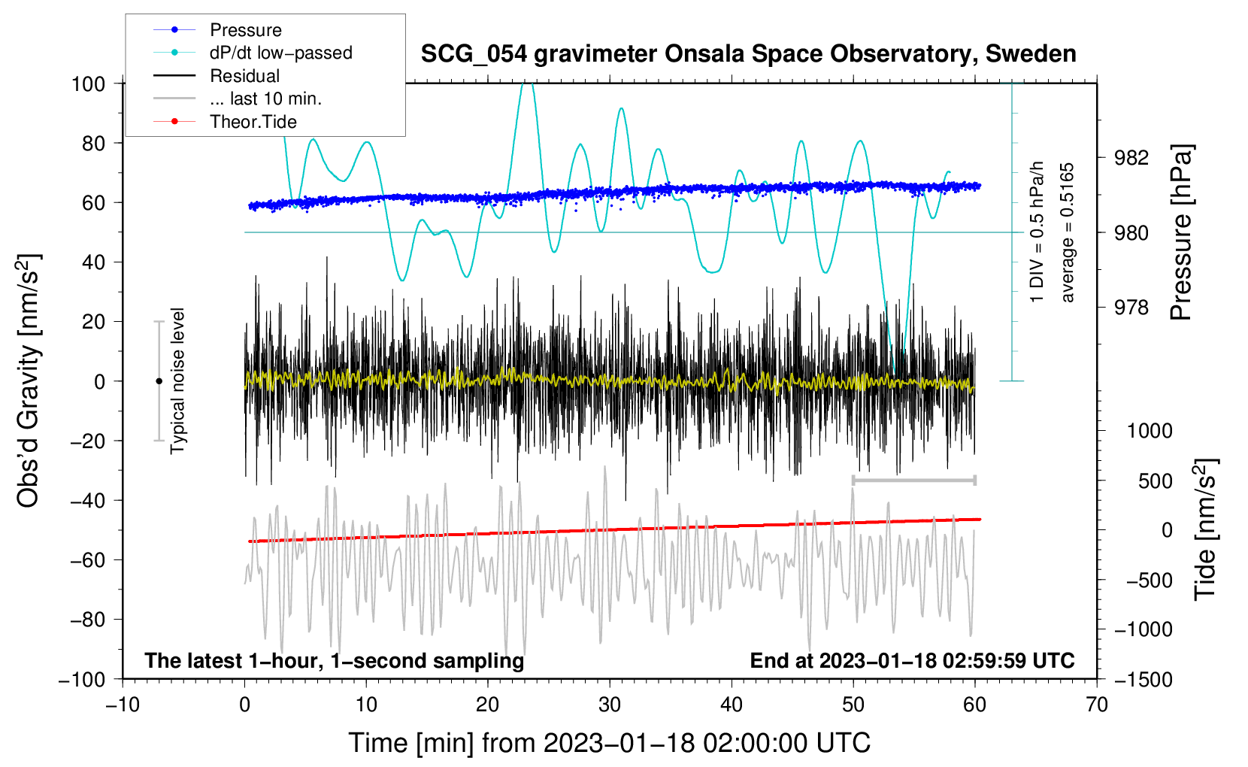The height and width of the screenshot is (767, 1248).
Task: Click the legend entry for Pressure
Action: [217, 29]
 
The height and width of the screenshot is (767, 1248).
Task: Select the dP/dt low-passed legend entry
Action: [253, 53]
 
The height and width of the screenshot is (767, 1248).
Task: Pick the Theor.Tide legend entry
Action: [225, 122]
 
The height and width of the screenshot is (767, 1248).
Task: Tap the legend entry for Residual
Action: [217, 76]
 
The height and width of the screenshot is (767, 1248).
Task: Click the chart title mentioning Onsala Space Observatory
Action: [748, 54]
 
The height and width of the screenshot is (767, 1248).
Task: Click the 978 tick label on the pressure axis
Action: [1131, 307]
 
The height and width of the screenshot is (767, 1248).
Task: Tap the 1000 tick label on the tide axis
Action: [1150, 430]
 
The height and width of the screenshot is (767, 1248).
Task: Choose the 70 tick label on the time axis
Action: [1096, 705]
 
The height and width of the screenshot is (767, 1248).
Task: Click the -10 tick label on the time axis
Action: [123, 705]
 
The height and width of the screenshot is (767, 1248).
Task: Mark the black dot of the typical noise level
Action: [159, 381]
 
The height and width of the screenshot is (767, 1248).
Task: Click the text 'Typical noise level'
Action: [177, 380]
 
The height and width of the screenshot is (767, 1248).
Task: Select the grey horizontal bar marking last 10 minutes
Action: [913, 480]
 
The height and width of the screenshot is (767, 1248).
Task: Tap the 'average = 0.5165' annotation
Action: [1066, 232]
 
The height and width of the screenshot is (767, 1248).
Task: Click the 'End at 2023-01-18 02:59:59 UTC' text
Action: [912, 660]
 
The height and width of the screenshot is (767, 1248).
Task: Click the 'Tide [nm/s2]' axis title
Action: [1206, 530]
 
